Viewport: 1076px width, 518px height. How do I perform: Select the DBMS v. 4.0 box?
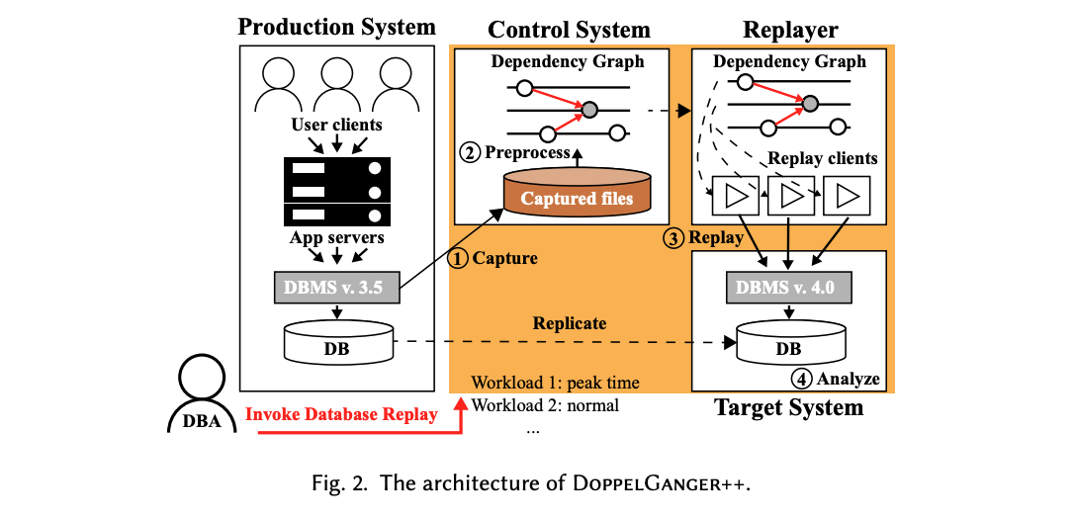(788, 287)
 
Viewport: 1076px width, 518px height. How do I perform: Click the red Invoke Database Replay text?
(341, 414)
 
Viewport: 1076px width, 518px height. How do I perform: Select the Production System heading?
(336, 27)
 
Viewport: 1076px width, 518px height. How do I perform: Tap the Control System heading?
(569, 30)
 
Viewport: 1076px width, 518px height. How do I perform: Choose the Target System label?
(788, 407)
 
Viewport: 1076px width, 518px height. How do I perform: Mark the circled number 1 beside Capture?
(458, 259)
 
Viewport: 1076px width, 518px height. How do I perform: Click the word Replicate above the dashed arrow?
(569, 323)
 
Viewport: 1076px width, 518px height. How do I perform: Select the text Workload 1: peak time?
(555, 383)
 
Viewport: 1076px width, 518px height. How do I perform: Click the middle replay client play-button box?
(788, 196)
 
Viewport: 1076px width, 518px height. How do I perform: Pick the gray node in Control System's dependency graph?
(589, 109)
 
